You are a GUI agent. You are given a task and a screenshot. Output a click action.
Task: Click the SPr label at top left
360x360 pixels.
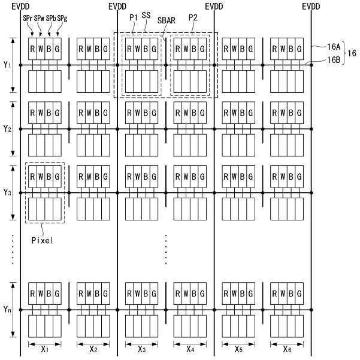pyautogui.click(x=28, y=19)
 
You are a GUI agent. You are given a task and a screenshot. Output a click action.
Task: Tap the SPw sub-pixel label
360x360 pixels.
pyautogui.click(x=39, y=19)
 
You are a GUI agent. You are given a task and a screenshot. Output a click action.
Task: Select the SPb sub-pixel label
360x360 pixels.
pyautogui.click(x=51, y=19)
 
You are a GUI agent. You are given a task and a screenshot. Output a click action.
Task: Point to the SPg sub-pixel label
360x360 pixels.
pyautogui.click(x=62, y=19)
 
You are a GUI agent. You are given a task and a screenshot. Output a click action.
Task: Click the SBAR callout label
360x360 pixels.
pyautogui.click(x=167, y=20)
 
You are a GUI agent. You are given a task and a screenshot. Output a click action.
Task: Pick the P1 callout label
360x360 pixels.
pyautogui.click(x=134, y=16)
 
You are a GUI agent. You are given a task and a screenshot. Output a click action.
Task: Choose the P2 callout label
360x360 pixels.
pyautogui.click(x=192, y=17)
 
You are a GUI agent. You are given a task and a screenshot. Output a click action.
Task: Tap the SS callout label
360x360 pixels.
pyautogui.click(x=146, y=15)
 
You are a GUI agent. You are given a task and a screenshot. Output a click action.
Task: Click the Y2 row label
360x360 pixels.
pyautogui.click(x=7, y=129)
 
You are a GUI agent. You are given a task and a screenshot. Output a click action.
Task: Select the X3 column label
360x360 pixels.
pyautogui.click(x=142, y=349)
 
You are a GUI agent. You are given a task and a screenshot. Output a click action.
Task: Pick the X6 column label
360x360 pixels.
pyautogui.click(x=289, y=349)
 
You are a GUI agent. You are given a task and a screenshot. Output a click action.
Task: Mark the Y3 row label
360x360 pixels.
pyautogui.click(x=7, y=192)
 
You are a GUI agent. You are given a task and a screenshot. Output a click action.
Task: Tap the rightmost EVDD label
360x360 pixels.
pyautogui.click(x=311, y=5)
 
